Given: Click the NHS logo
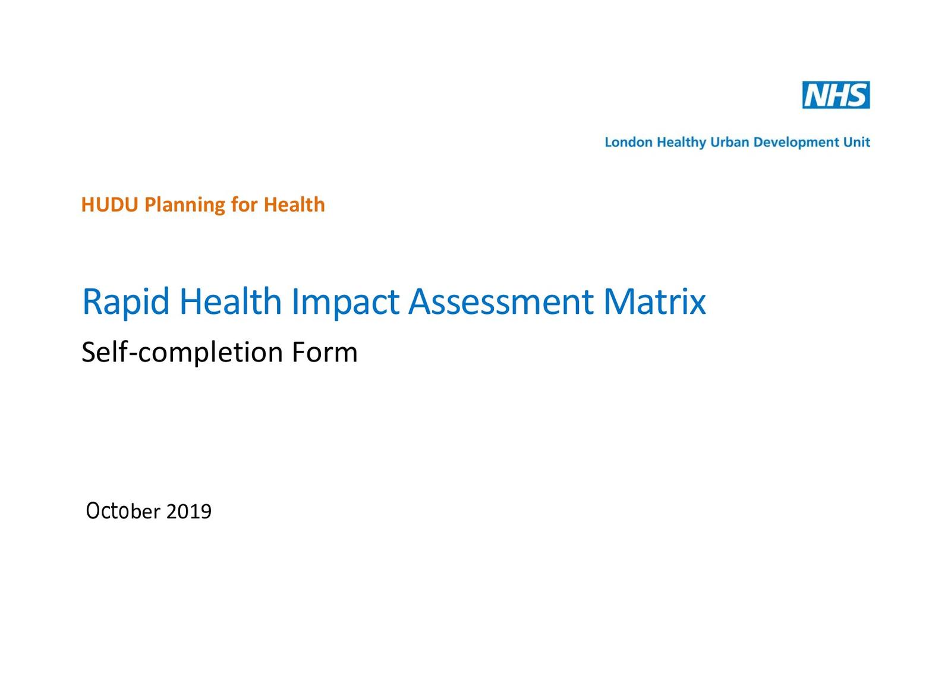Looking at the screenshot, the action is pyautogui.click(x=836, y=95).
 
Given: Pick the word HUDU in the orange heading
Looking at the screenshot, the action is pyautogui.click(x=109, y=205).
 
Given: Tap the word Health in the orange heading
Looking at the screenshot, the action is pyautogui.click(x=294, y=205).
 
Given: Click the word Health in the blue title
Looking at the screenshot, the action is pyautogui.click(x=231, y=301).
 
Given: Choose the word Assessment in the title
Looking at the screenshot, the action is pyautogui.click(x=501, y=303).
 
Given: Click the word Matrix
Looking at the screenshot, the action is pyautogui.click(x=654, y=303).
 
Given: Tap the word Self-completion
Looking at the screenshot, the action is pyautogui.click(x=182, y=353).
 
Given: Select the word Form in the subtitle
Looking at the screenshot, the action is pyautogui.click(x=325, y=353).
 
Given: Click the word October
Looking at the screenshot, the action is pyautogui.click(x=124, y=511).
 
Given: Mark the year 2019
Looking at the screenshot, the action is pyautogui.click(x=189, y=512).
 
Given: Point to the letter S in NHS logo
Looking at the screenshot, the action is pyautogui.click(x=856, y=95).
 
